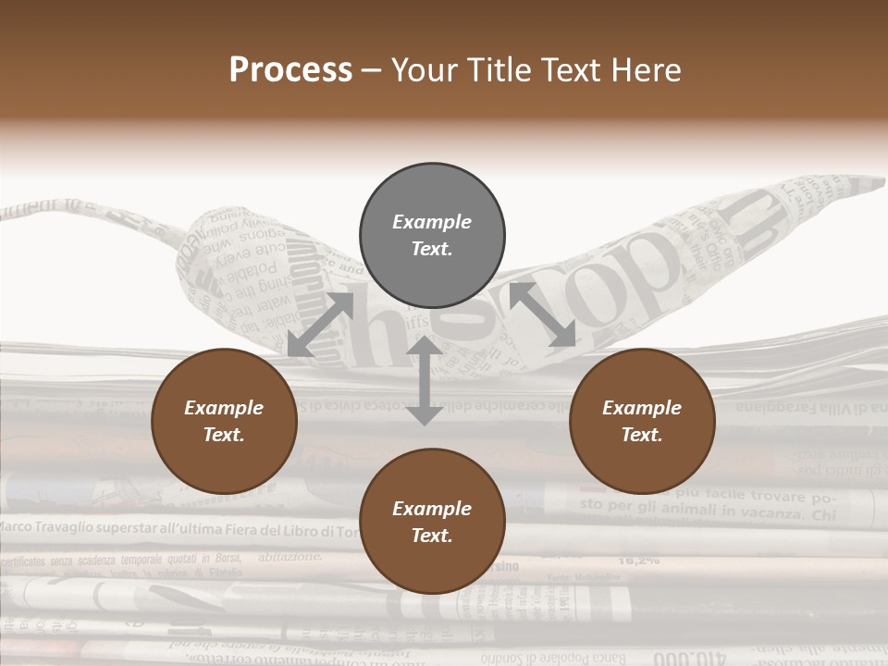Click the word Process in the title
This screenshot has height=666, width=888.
tap(290, 69)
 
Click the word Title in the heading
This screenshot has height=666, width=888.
tap(495, 69)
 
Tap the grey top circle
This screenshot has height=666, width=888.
tap(432, 236)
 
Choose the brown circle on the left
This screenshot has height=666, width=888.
tap(224, 421)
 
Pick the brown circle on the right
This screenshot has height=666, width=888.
tap(642, 421)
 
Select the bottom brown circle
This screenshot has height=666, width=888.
tap(432, 522)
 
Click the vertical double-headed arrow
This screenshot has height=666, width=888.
tap(424, 380)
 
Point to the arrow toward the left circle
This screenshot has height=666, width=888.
tap(320, 325)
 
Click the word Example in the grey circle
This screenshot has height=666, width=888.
tap(432, 222)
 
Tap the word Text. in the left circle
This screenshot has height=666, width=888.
tap(224, 435)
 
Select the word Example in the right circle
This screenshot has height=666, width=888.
tap(642, 408)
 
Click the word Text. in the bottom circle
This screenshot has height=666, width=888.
tap(432, 536)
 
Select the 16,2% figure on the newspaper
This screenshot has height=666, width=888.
tap(638, 560)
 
